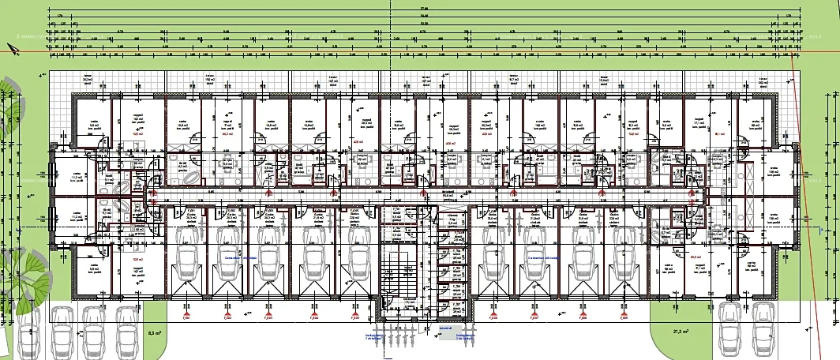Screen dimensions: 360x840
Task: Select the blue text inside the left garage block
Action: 240,257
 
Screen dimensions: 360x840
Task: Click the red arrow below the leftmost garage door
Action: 186,315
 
